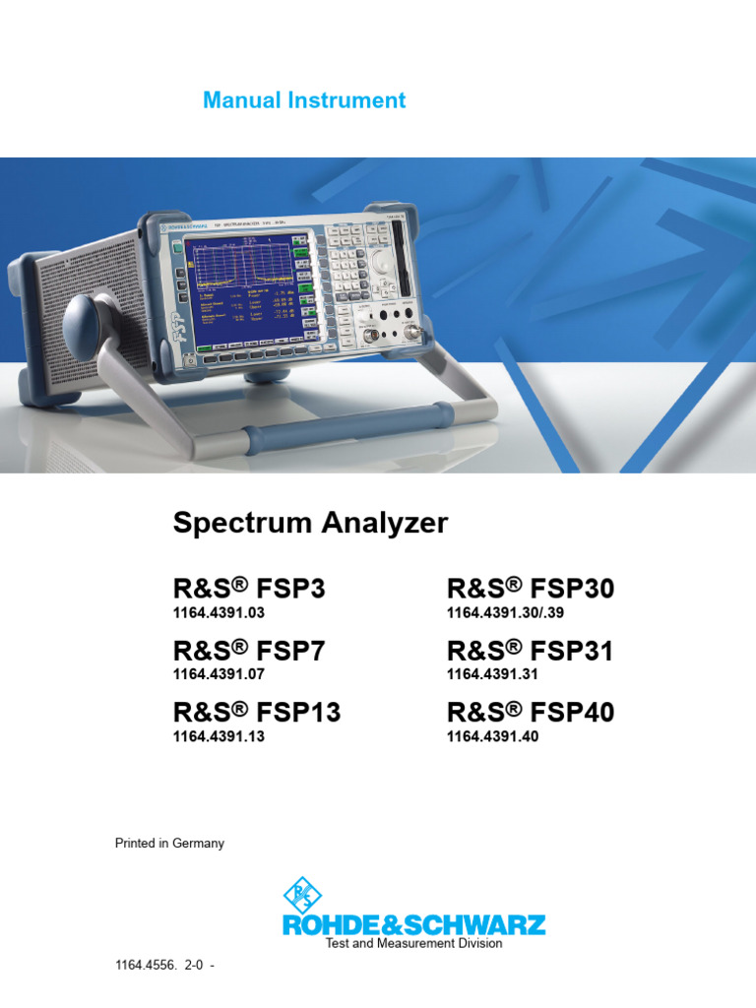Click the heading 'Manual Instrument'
pos(303,100)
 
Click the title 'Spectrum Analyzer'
pos(310,523)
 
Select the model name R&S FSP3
pos(248,589)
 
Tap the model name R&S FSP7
pos(248,651)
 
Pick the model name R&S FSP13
pos(256,712)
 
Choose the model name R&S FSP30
pos(530,589)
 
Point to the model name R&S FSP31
pos(530,651)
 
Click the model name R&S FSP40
pos(530,712)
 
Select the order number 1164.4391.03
pos(219,612)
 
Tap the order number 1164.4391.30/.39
pos(506,612)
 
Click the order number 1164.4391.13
pos(219,735)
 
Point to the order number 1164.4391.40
pos(492,735)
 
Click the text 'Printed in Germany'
pos(169,843)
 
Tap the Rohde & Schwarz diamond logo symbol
pos(302,895)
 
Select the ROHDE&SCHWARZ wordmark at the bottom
pos(413,924)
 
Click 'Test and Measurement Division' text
pos(413,943)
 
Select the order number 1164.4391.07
pos(219,674)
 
